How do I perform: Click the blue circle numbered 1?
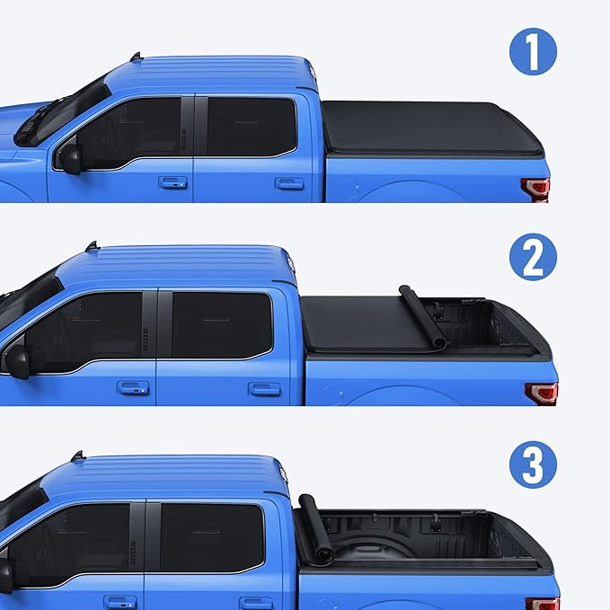[x=533, y=52]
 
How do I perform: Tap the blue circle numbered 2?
[x=533, y=259]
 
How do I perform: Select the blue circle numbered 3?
[x=533, y=466]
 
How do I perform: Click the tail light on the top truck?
[x=535, y=189]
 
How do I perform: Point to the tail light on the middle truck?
[x=541, y=393]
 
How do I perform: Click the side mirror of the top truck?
[x=69, y=158]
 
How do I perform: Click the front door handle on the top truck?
[x=172, y=182]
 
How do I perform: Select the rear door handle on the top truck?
[x=289, y=183]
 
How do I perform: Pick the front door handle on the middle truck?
[x=133, y=388]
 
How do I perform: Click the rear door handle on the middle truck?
[x=264, y=389]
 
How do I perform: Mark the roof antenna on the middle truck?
[x=91, y=244]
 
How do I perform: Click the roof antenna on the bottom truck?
[x=77, y=455]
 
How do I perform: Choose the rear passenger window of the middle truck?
[x=222, y=325]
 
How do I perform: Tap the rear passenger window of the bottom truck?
[x=211, y=537]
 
